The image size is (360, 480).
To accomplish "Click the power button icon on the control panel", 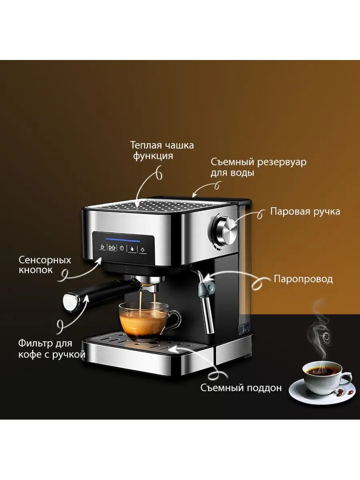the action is pyautogui.click(x=122, y=248).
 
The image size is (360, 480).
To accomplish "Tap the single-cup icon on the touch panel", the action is pyautogui.click(x=102, y=247).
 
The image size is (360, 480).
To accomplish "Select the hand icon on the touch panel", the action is pyautogui.click(x=132, y=249).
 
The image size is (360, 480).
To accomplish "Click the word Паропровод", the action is pyautogui.click(x=303, y=279).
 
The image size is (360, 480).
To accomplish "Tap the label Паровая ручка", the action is pyautogui.click(x=305, y=212).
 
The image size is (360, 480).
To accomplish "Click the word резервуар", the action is pyautogui.click(x=282, y=163).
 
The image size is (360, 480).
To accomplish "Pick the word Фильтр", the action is pyautogui.click(x=35, y=344).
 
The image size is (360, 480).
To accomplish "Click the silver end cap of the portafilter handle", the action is pyautogui.click(x=71, y=303).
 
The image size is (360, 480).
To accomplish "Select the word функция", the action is pyautogui.click(x=153, y=156).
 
